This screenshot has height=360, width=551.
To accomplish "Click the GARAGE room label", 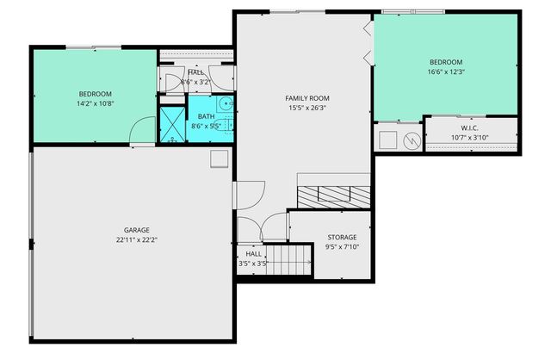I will coord(136,230).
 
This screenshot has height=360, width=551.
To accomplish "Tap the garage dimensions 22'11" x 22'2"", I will coord(136,239).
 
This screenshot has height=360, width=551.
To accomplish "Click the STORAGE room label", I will coord(342,237).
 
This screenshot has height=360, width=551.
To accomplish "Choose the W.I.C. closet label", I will coord(470,127).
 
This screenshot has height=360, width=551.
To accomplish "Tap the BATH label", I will coord(207,116).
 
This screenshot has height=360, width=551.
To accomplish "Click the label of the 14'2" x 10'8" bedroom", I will coord(96,94).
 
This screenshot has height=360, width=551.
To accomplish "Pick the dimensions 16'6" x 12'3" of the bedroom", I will coord(446,71).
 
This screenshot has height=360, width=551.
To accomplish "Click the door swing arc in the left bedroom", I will coord(138,132).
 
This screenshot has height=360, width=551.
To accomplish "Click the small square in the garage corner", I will coord(219,158).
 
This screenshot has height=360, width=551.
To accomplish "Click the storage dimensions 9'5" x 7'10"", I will coord(342,246).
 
